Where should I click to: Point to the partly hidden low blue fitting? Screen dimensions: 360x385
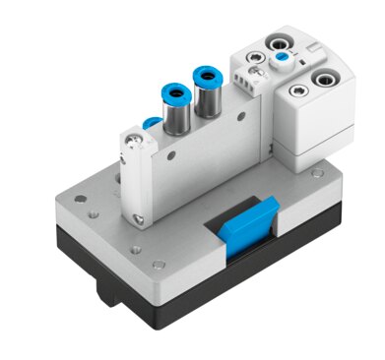[150, 121]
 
